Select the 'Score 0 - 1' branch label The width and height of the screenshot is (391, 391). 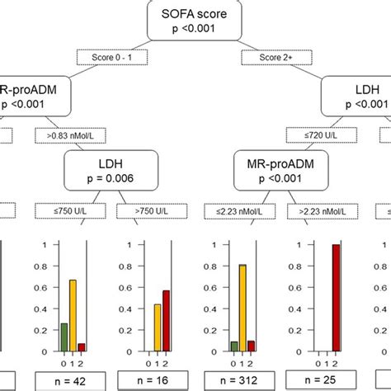point(112,58)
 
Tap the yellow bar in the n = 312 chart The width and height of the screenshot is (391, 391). point(242,306)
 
